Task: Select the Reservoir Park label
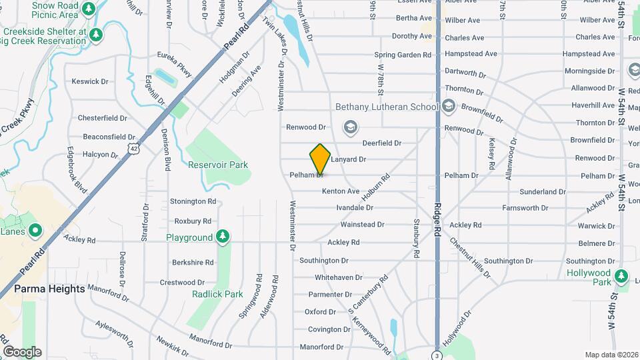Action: [217, 165]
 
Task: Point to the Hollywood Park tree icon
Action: [622, 275]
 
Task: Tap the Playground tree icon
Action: [223, 237]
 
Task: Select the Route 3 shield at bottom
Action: [437, 355]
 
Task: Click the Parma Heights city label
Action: [49, 289]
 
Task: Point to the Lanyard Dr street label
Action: [349, 159]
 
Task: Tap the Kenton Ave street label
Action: [341, 191]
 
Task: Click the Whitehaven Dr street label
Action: [339, 277]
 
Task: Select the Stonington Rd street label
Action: [193, 201]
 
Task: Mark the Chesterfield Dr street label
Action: [102, 118]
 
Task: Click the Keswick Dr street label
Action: [90, 81]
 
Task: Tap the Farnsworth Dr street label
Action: [525, 208]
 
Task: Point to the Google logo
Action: [22, 352]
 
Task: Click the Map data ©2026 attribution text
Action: [611, 355]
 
